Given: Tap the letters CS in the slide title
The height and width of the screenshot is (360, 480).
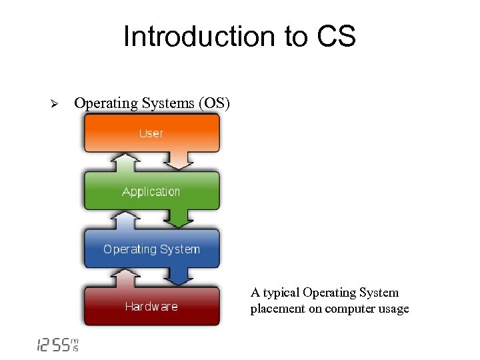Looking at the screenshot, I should click(x=336, y=37).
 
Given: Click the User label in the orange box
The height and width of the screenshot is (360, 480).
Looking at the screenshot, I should click(x=151, y=133).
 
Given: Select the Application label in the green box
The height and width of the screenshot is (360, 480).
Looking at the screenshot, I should click(x=151, y=192).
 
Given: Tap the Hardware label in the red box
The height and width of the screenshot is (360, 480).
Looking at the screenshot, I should click(x=151, y=307).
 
